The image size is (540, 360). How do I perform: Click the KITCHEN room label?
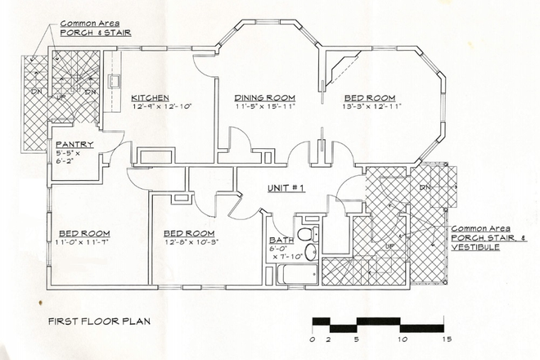(x=151, y=97)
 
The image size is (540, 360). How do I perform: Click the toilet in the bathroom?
(x=304, y=235)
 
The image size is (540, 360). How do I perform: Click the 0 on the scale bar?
(x=313, y=338)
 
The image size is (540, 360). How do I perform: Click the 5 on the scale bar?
(x=355, y=338)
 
